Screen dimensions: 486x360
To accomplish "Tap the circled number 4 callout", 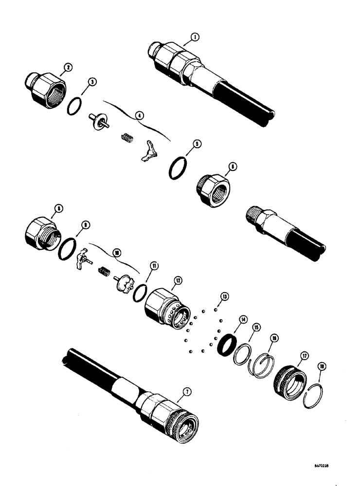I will [140, 116].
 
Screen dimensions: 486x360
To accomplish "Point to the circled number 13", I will [224, 295].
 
